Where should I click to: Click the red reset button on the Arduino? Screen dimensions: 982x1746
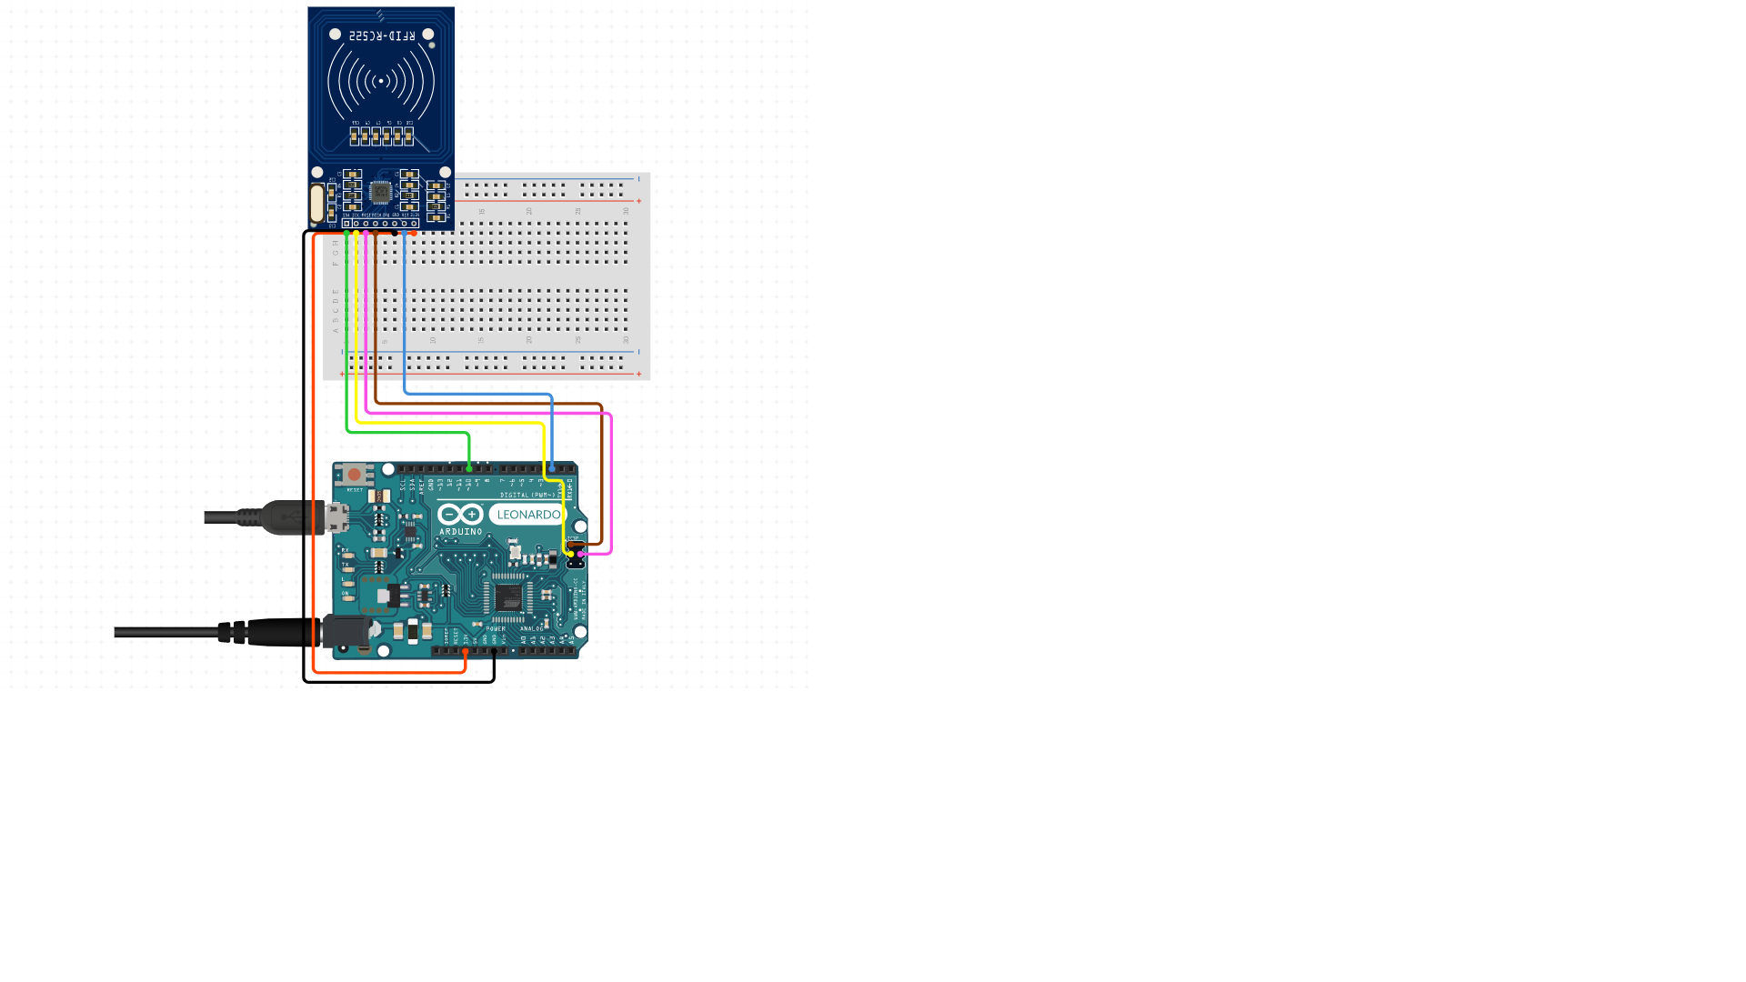(354, 475)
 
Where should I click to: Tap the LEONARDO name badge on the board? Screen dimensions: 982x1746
(528, 515)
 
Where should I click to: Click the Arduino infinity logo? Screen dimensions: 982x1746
(460, 515)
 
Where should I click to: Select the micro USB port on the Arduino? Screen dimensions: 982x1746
(337, 517)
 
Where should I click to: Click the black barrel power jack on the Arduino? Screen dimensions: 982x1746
(346, 631)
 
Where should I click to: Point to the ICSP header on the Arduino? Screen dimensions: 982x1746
(576, 554)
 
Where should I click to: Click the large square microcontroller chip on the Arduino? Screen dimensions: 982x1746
(507, 597)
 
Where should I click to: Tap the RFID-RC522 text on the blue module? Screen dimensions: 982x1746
(382, 35)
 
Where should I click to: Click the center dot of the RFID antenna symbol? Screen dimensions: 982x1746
(381, 81)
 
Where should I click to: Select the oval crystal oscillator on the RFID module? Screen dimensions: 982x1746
(316, 203)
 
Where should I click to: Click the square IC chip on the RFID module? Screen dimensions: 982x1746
(380, 192)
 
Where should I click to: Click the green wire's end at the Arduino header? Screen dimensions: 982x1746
(469, 468)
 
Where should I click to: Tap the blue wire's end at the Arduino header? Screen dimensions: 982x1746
(552, 468)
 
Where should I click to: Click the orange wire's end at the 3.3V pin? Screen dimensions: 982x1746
(466, 651)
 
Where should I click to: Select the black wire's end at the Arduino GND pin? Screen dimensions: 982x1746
(494, 651)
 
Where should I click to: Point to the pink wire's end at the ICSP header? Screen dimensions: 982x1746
(581, 554)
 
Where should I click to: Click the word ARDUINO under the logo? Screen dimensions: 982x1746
(460, 532)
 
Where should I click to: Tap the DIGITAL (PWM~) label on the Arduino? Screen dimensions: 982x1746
(527, 496)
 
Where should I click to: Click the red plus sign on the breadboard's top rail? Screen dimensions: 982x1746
(639, 201)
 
